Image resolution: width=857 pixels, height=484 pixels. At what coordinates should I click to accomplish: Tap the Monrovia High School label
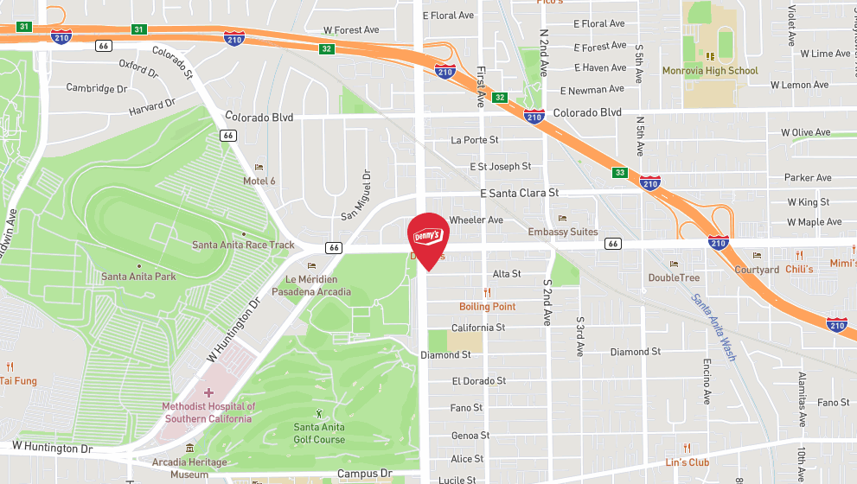[709, 71]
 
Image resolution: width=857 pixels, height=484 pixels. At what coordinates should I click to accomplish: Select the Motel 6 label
[259, 181]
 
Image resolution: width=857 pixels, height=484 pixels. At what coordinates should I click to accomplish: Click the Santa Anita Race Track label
[243, 245]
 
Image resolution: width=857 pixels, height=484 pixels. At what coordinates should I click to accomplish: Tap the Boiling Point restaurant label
[487, 307]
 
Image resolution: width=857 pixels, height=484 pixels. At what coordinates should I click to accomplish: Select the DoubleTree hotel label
[675, 277]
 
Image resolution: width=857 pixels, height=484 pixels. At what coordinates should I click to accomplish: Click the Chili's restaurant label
[799, 270]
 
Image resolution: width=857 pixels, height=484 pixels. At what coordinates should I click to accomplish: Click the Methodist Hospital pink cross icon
[208, 392]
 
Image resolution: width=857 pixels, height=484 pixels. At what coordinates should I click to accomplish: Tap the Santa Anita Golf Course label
[319, 433]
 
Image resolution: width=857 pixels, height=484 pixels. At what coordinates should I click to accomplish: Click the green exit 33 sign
[619, 173]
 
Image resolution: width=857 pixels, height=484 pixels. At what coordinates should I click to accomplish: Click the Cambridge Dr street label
[96, 88]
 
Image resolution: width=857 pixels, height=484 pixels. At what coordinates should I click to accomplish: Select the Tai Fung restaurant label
[18, 380]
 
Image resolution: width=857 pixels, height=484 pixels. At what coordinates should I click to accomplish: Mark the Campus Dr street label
[364, 474]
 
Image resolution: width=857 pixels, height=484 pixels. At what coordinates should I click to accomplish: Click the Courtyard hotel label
[757, 270]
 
